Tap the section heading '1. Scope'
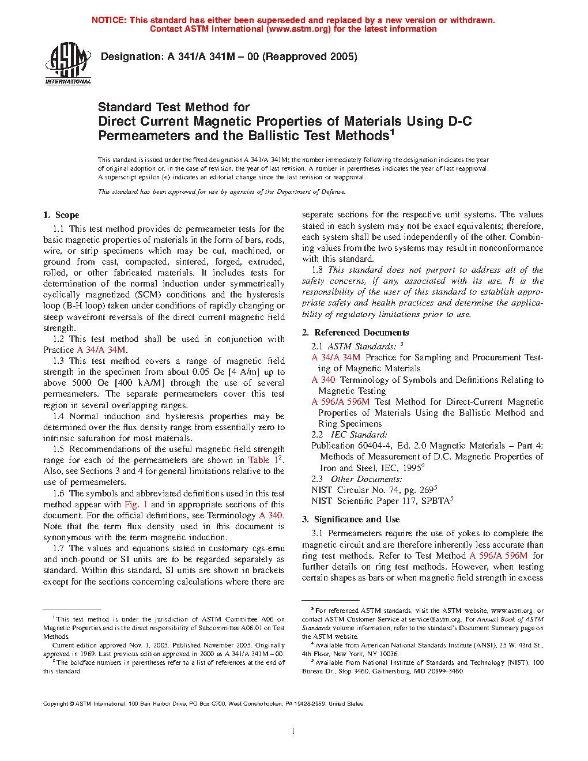click(61, 215)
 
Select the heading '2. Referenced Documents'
click(356, 333)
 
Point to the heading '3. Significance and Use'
click(350, 519)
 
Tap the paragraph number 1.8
click(316, 270)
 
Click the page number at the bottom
click(293, 732)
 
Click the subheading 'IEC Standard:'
click(359, 435)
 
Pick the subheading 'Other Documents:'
click(366, 479)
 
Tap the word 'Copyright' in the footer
click(56, 704)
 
